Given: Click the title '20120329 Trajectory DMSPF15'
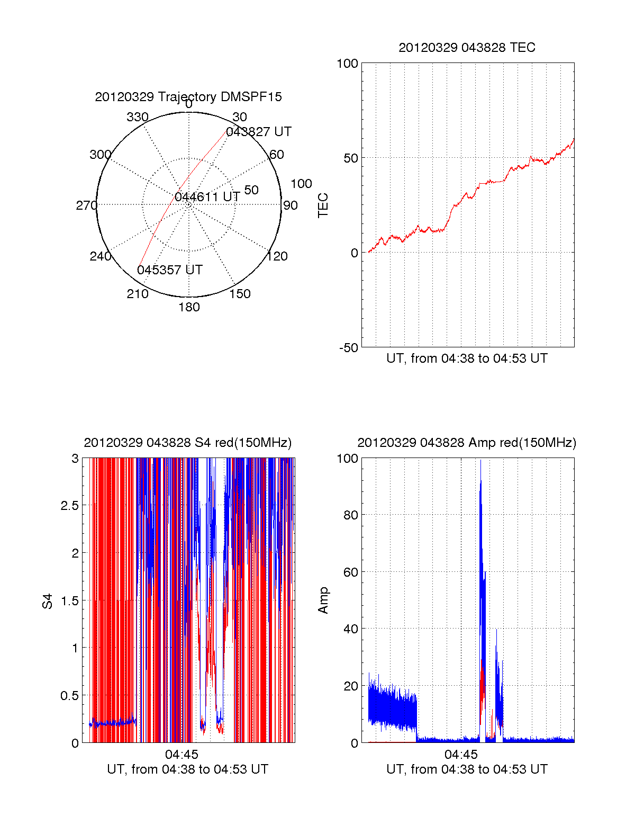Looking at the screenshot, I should coord(188,97).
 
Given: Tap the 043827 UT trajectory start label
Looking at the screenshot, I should coord(259,132).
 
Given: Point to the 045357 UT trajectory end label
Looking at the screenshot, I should coord(170,270).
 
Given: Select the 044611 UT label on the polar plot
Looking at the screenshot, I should coord(207,198).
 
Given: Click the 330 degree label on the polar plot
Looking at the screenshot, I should coord(138,117).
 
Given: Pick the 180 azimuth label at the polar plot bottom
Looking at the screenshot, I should coord(189,307).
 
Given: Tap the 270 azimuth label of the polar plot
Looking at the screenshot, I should coord(87,205).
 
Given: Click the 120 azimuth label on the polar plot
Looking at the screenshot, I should coord(277,256).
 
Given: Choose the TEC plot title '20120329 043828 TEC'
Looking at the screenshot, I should coord(467,48).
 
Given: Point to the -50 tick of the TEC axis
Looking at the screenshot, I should coord(348,348).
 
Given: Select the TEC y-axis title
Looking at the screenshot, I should coord(323,205).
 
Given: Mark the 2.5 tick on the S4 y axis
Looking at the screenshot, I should coord(69,506).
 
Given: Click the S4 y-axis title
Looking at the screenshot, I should coord(48,601).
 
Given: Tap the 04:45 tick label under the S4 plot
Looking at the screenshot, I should coord(182,754).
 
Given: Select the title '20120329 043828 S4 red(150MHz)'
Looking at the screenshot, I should coord(188,443).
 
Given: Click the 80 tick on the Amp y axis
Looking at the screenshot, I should coord(350,515).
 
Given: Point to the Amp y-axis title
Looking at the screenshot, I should coord(323,600).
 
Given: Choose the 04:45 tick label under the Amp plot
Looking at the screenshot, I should coord(461,754).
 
